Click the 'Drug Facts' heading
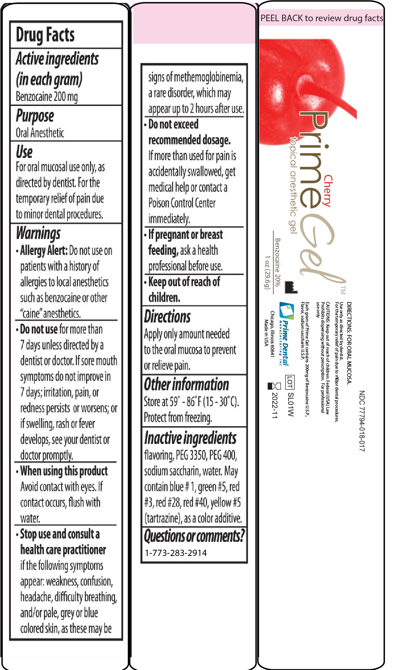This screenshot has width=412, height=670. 45,35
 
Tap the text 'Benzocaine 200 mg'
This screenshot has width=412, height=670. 47,97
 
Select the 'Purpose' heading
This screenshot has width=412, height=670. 35,116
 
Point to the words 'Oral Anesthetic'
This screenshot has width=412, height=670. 40,133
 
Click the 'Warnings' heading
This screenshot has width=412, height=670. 38,233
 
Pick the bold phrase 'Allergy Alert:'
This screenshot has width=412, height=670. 44,251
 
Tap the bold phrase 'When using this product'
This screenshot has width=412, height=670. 64,471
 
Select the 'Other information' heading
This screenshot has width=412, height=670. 186,385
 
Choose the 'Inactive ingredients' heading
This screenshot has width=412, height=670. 190,438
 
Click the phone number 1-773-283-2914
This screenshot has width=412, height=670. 176,553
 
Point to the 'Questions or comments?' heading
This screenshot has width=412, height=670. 194,536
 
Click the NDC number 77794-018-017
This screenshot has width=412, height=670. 362,421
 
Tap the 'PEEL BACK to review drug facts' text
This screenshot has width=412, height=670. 322,18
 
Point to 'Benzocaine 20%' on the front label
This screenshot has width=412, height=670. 277,262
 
